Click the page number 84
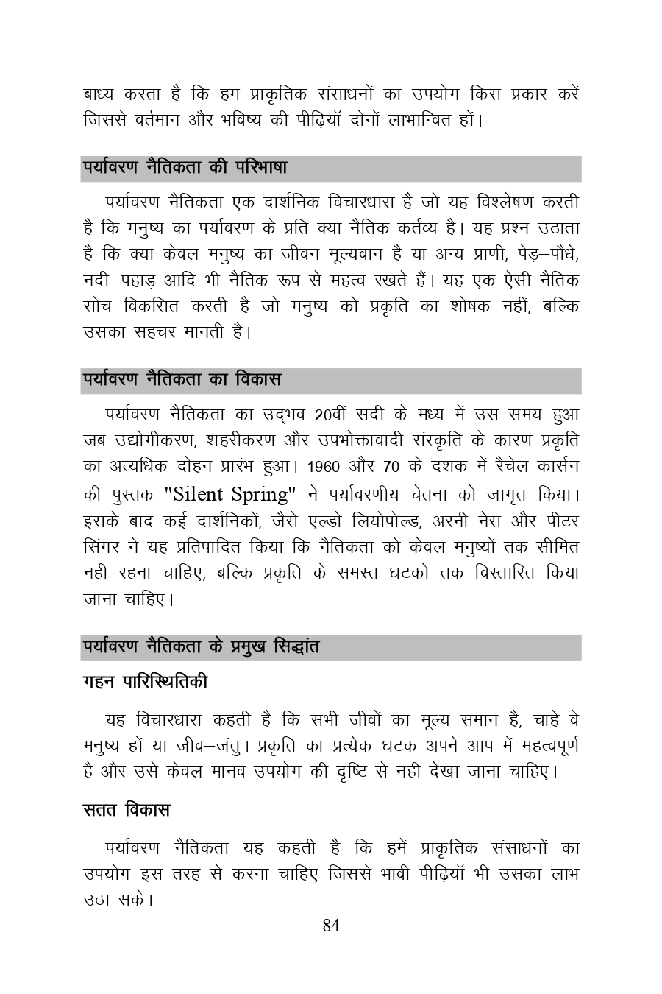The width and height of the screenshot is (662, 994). pyautogui.click(x=331, y=926)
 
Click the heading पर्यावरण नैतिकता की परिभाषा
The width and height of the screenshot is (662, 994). pyautogui.click(x=184, y=168)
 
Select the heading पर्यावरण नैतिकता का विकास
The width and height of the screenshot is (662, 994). pyautogui.click(x=181, y=381)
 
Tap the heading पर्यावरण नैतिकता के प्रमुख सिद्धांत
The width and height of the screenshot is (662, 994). pyautogui.click(x=201, y=648)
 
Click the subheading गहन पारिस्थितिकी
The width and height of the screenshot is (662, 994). pyautogui.click(x=145, y=683)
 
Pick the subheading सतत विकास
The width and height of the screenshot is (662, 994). pyautogui.click(x=126, y=810)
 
